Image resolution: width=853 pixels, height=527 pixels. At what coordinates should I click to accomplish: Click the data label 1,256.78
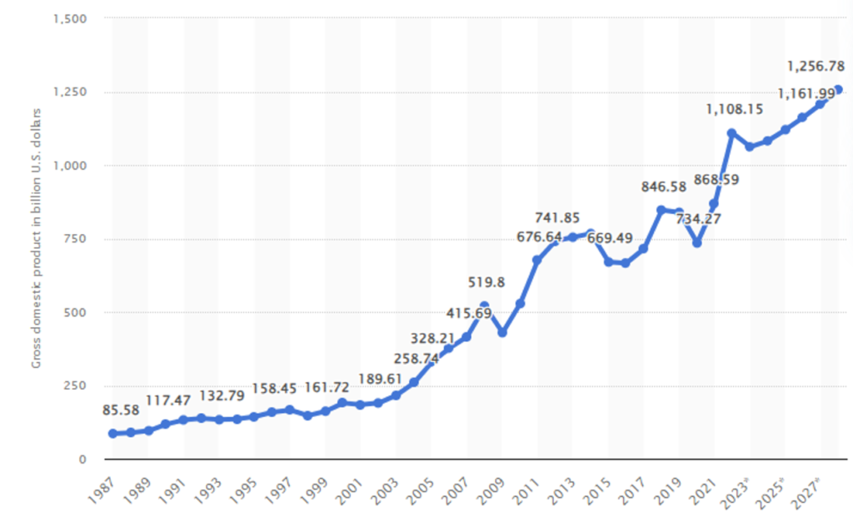pyautogui.click(x=817, y=65)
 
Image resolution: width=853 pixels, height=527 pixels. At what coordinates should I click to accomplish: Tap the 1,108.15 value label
pyautogui.click(x=735, y=109)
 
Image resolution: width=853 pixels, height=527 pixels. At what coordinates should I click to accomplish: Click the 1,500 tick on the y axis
pyautogui.click(x=76, y=18)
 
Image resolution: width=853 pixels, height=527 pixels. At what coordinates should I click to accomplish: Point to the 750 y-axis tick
pyautogui.click(x=82, y=239)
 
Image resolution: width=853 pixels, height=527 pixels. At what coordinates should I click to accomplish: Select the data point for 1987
pyautogui.click(x=112, y=434)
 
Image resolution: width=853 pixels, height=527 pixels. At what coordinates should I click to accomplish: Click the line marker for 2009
pyautogui.click(x=502, y=332)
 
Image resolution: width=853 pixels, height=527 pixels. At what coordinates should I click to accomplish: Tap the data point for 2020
pyautogui.click(x=697, y=243)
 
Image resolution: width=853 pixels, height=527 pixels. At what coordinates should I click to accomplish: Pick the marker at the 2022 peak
pyautogui.click(x=731, y=133)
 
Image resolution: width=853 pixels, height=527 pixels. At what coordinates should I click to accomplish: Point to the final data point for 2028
pyautogui.click(x=837, y=90)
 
